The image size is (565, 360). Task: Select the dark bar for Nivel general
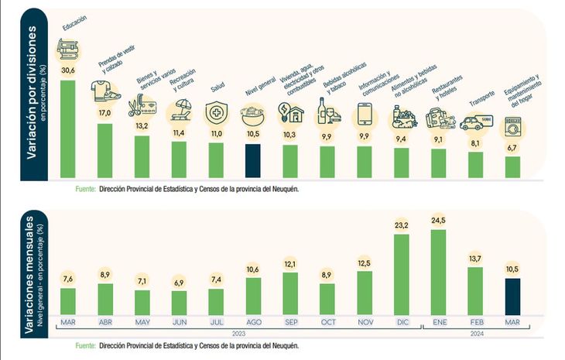point(253,161)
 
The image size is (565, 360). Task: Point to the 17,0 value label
point(104,113)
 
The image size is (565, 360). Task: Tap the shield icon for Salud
point(216,112)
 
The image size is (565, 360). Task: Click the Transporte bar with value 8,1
point(475,165)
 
